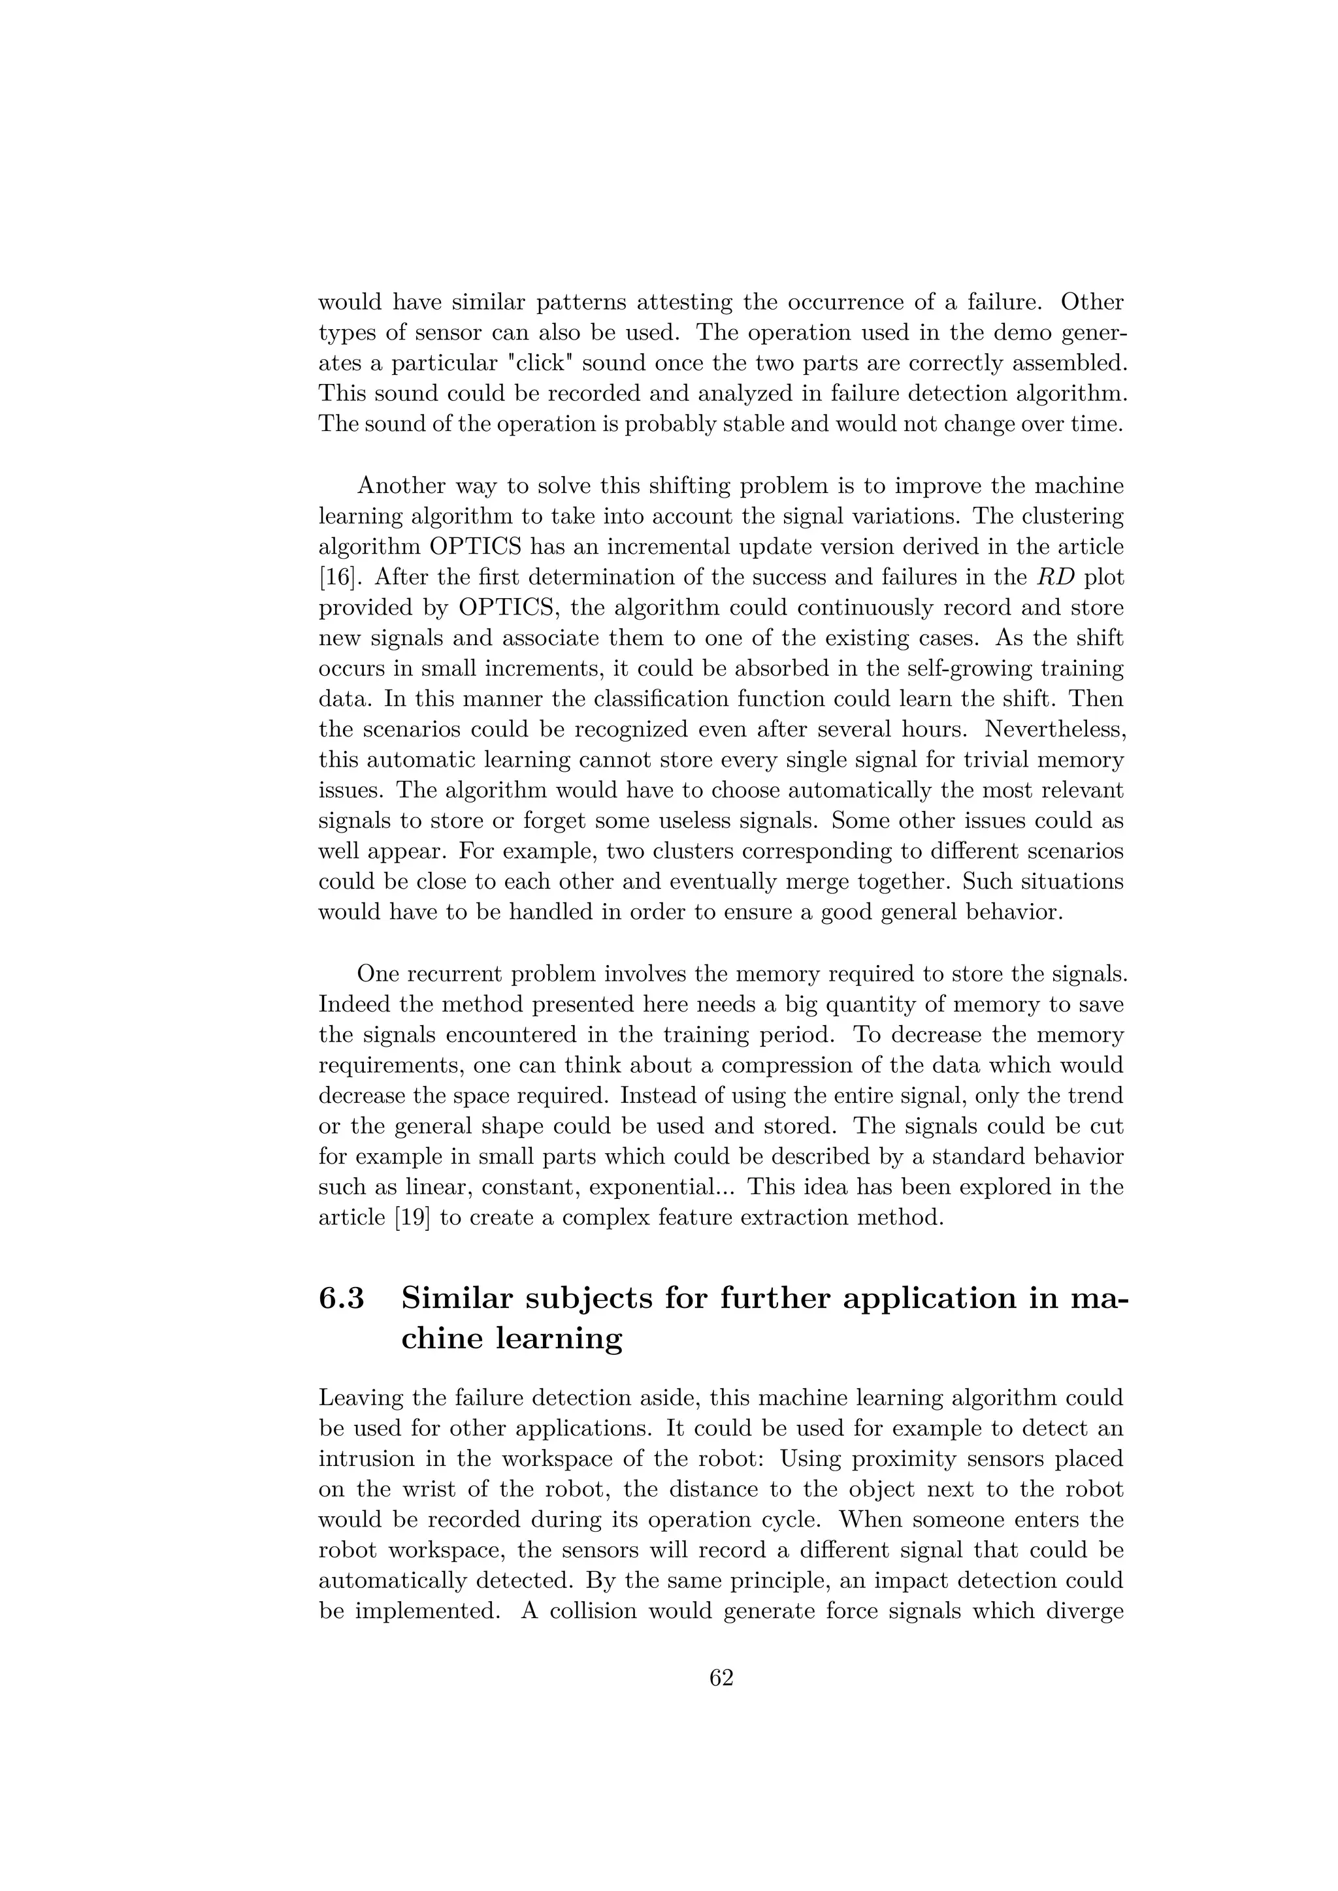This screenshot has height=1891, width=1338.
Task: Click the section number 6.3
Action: (341, 1298)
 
